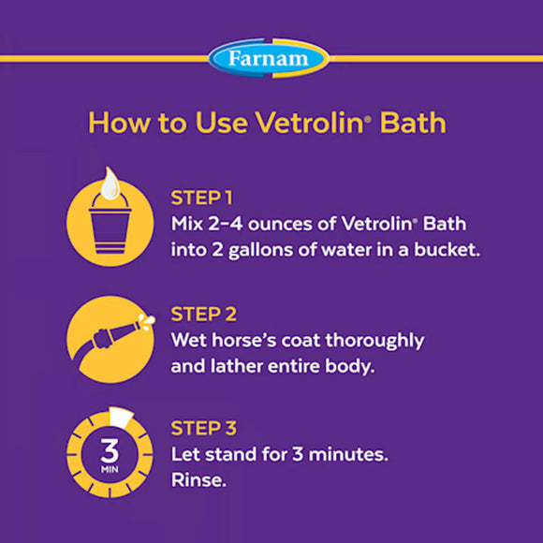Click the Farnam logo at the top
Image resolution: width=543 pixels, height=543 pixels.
pyautogui.click(x=270, y=58)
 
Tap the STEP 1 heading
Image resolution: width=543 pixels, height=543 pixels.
pyautogui.click(x=201, y=198)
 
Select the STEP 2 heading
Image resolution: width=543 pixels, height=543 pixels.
pyautogui.click(x=203, y=314)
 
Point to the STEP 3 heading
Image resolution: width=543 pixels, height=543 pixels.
pyautogui.click(x=203, y=429)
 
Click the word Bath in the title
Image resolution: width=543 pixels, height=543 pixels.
pyautogui.click(x=418, y=124)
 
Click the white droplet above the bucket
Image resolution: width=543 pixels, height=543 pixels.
pyautogui.click(x=110, y=183)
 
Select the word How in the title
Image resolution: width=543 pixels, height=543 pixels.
pyautogui.click(x=114, y=124)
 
